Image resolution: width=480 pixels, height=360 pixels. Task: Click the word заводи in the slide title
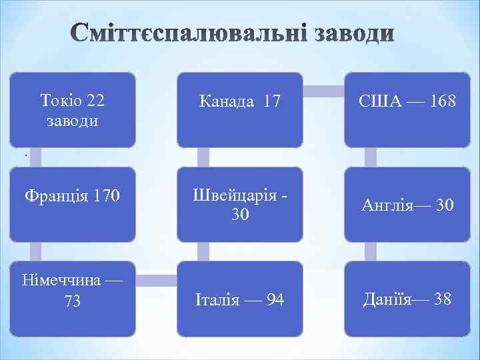(350, 33)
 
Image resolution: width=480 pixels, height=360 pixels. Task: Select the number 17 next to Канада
(272, 102)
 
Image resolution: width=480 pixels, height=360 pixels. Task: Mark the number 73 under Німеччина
(73, 301)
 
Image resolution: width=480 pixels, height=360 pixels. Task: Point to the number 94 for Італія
(273, 300)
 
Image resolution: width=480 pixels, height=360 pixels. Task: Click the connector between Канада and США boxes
(324, 88)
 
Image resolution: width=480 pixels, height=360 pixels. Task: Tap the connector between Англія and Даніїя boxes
(371, 251)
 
